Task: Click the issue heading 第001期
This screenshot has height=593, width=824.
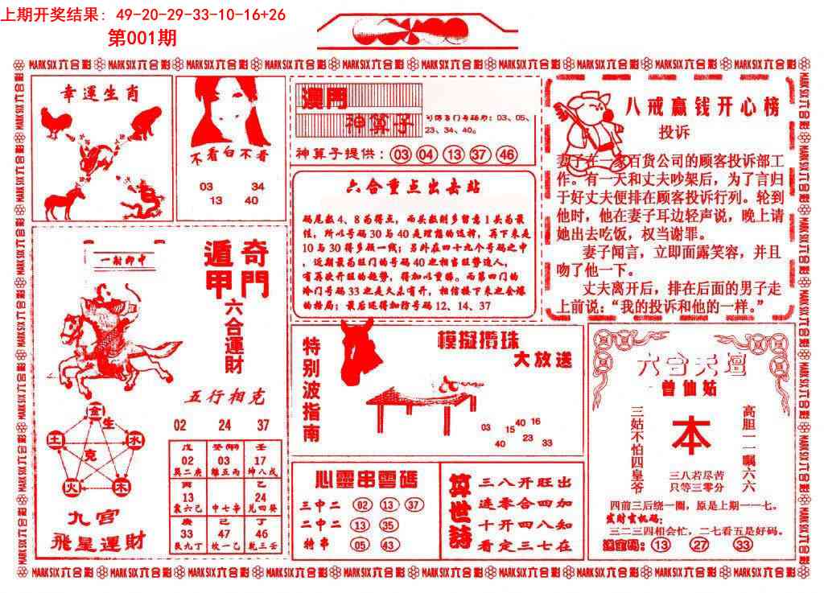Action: (x=142, y=37)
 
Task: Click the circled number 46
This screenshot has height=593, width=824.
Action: (x=507, y=154)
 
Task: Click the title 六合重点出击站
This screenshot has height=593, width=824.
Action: (x=413, y=187)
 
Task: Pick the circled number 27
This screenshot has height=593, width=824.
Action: (x=699, y=546)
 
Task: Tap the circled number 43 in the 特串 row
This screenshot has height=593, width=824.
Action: (x=389, y=546)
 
